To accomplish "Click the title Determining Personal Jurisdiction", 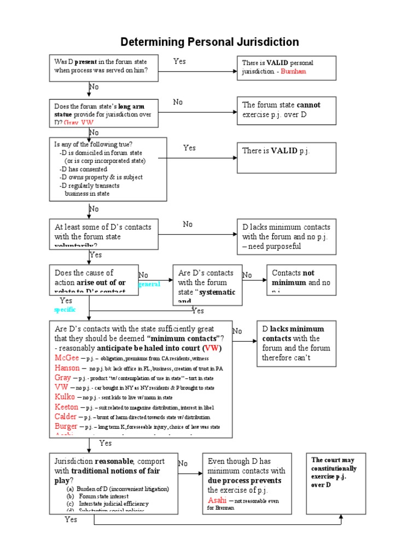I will pos(209,42).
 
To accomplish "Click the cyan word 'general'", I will pos(149,284).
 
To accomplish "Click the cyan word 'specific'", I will pos(65,310).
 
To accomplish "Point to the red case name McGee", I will pos(67,357).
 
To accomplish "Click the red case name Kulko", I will pos(65,396).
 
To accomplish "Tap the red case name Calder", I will pos(66,416).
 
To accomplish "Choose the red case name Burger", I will pos(66,426).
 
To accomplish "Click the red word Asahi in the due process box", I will pos(216,500).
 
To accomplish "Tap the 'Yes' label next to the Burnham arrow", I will pos(179,61).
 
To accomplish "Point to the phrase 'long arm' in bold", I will pos(131,106).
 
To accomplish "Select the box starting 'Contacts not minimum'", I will pos(301,279).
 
